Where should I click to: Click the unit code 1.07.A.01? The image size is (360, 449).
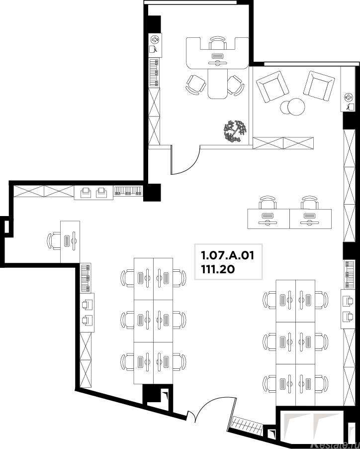point(228,255)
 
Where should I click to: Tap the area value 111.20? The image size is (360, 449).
point(218,269)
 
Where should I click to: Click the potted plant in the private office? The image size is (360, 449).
point(235,131)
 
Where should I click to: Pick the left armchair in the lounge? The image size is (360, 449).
point(272,87)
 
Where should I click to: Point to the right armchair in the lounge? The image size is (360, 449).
point(319,86)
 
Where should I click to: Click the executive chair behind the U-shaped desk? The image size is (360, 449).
point(218,43)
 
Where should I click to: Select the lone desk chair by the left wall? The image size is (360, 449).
point(54,241)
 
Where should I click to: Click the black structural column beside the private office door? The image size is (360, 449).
point(152,192)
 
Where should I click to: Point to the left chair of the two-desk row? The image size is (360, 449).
point(268,203)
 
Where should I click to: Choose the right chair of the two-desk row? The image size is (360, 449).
point(310,203)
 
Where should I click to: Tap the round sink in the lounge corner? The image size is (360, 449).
point(349,98)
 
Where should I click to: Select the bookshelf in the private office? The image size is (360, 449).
point(154,73)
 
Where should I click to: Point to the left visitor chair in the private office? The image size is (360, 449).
point(196,85)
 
